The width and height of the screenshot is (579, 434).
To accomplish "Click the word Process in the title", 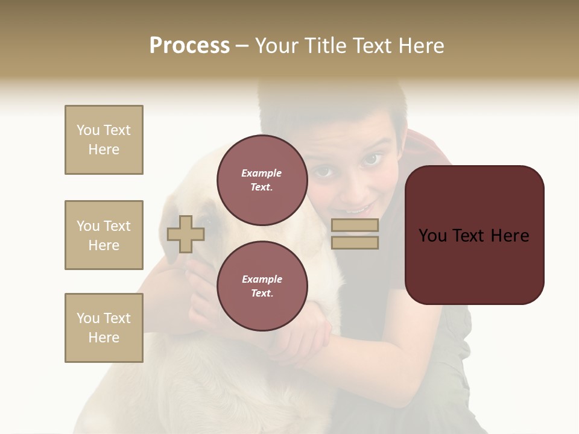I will coord(189,46).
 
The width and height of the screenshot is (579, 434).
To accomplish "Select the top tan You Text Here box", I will coord(104,140).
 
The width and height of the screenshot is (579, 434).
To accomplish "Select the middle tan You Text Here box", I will coord(104,235).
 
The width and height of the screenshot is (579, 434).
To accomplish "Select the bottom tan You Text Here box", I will coord(104,328).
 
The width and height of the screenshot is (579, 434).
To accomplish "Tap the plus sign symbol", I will coord(185,234).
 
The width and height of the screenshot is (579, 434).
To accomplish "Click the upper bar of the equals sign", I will coord(355,225).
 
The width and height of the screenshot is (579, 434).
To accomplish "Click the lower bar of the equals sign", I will coord(355,243).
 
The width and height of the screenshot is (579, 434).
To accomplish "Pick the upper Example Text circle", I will coord(262,180).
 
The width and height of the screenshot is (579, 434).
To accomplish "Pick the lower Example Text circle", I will coord(262,286).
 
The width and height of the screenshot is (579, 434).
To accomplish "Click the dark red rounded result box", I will coord(474,235).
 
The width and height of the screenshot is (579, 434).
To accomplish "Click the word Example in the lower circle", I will coord(262,279).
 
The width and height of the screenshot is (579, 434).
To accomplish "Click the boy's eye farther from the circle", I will coord(370,159).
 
